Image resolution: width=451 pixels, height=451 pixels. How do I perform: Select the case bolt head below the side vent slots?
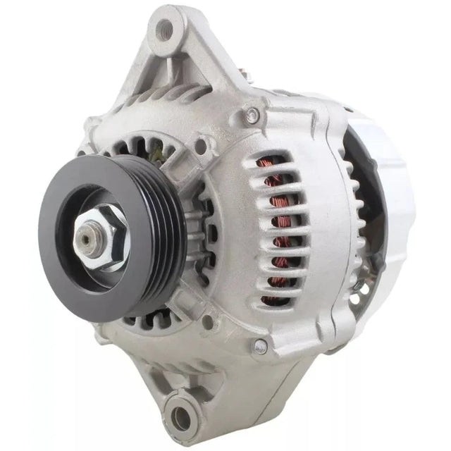coord(260,345)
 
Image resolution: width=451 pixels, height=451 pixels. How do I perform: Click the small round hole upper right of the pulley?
coord(201,146)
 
